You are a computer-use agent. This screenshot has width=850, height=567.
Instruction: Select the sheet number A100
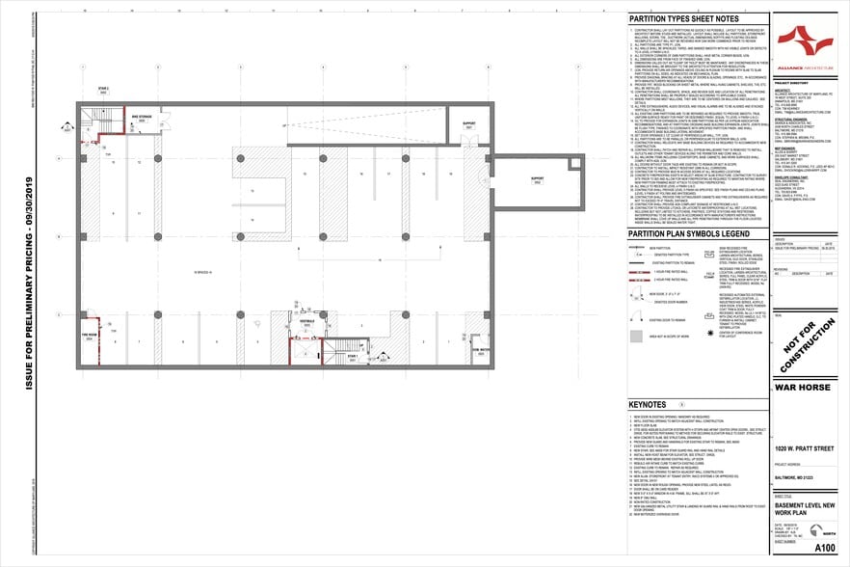tap(824, 546)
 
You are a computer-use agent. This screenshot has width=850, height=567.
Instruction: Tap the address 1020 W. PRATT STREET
tap(800, 448)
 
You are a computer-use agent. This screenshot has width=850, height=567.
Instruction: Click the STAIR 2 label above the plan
tap(103, 87)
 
